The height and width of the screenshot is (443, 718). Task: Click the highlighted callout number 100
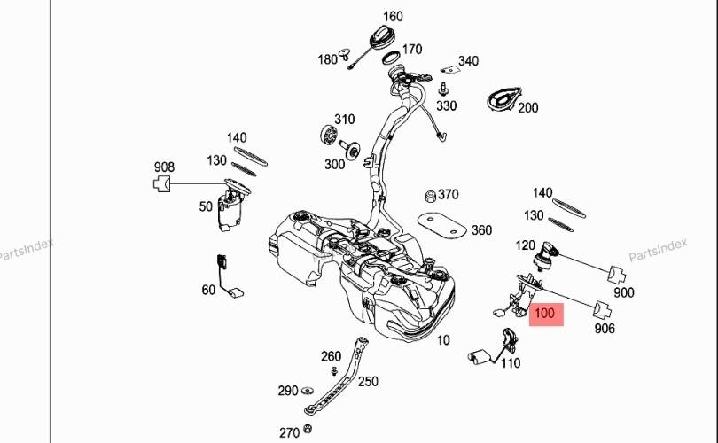[x=544, y=314]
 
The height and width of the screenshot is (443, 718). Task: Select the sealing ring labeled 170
[x=391, y=58]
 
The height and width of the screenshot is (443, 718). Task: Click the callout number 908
[x=164, y=167]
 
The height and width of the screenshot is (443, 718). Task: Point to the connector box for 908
[x=161, y=184]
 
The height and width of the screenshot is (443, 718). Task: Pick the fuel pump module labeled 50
[x=231, y=206]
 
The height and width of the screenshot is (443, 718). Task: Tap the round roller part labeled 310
[x=329, y=134]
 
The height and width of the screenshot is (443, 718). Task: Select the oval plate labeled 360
[x=441, y=225]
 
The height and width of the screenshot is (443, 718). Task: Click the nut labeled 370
[x=430, y=197]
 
